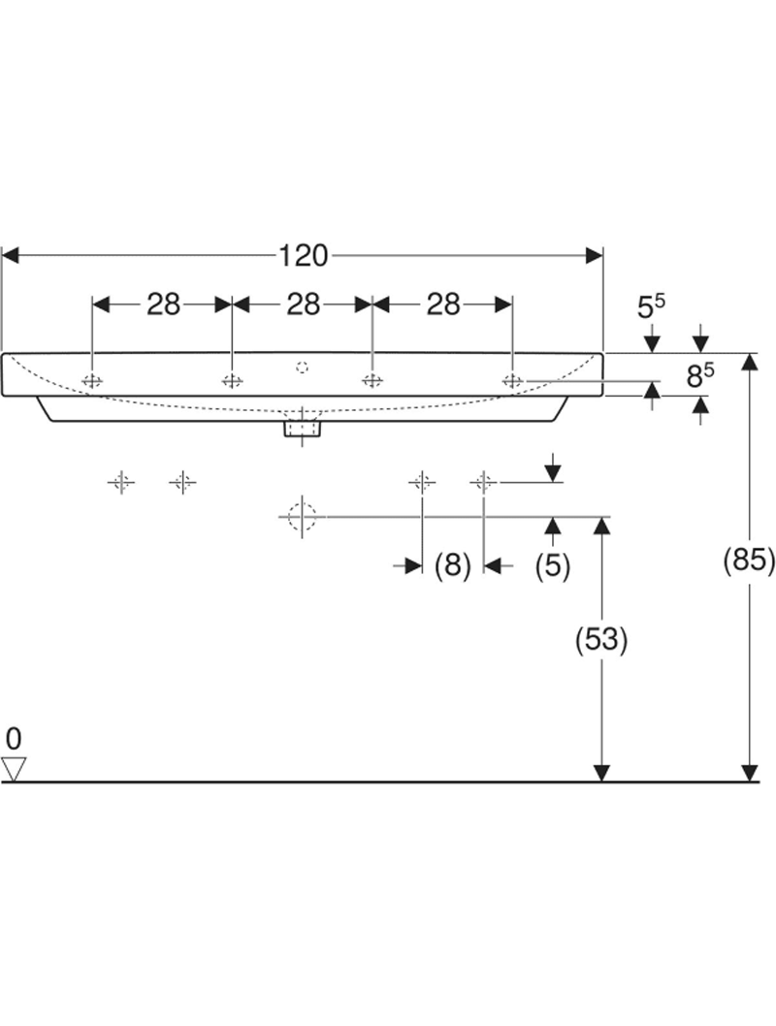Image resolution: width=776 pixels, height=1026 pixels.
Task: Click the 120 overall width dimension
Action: [x=303, y=255]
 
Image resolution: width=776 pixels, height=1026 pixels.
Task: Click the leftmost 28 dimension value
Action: [x=163, y=305]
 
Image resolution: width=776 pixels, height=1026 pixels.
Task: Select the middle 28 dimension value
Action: [x=303, y=305]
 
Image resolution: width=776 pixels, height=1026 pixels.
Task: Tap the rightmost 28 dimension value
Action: [x=443, y=305]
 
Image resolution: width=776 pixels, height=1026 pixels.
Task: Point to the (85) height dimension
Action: [x=750, y=560]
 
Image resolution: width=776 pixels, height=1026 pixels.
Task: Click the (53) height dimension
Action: [x=602, y=639]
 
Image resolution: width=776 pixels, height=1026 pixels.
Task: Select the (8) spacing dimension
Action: [x=452, y=565]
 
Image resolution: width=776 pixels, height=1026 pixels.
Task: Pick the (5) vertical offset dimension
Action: [x=553, y=565]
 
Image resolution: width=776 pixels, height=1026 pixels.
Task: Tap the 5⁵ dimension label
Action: [x=651, y=307]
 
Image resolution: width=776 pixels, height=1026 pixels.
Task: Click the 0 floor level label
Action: [x=12, y=739]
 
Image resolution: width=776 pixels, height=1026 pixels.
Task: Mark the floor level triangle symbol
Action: [x=13, y=769]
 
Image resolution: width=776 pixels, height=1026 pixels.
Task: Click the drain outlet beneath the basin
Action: [x=303, y=426]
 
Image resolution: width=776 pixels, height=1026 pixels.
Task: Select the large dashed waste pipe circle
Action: [x=303, y=517]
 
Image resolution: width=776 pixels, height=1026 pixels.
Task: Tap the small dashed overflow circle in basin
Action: [x=302, y=367]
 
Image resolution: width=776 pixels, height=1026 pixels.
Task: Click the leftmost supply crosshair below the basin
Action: [x=120, y=481]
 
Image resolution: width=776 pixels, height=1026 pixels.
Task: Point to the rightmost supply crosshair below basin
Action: [x=483, y=481]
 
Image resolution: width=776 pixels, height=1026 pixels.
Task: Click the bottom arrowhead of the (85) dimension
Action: [x=750, y=773]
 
